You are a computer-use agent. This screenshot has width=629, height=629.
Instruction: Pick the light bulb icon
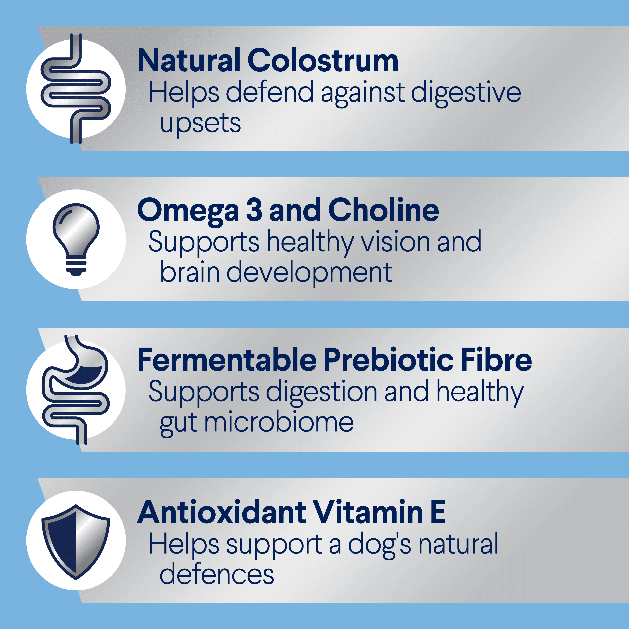click(x=76, y=239)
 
